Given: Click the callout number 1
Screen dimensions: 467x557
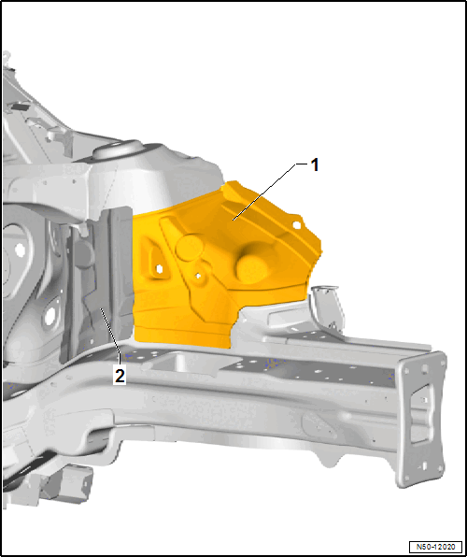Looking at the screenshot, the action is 315,165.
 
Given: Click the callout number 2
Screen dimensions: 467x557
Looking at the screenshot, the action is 120,376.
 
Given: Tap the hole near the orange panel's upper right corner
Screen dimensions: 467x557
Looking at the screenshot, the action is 296,224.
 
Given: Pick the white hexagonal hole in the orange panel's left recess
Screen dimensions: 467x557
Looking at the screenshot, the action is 159,269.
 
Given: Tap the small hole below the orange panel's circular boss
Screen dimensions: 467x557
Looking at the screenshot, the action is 198,276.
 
